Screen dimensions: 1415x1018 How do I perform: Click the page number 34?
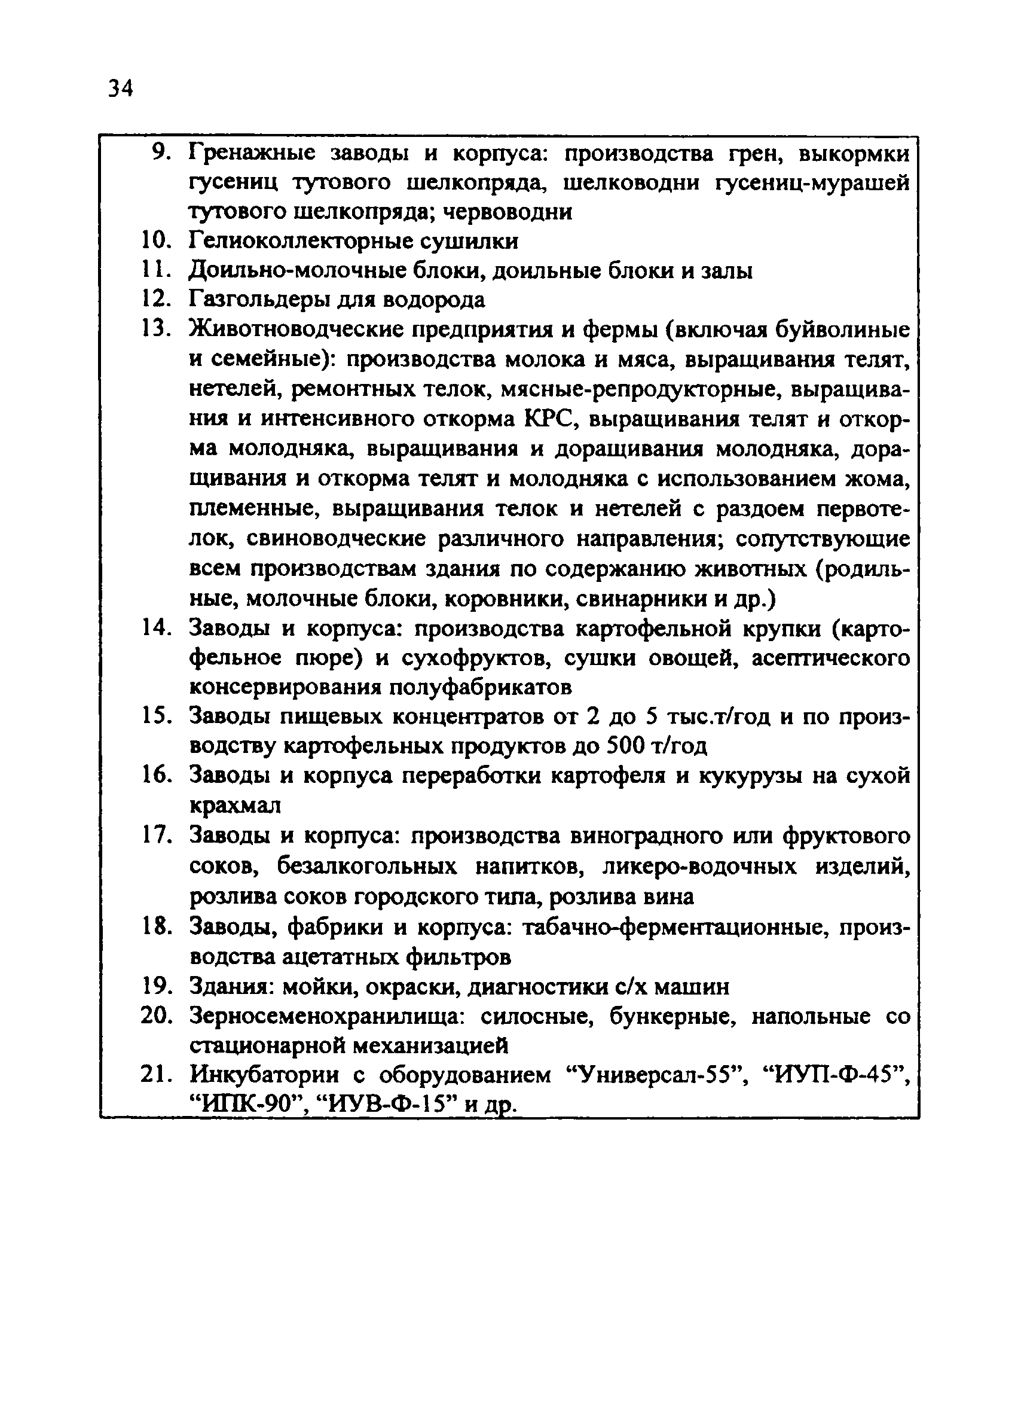[120, 89]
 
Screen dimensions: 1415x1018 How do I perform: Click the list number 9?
[161, 153]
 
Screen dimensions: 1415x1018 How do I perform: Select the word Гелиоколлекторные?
[304, 242]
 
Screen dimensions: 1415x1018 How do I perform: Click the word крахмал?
[234, 806]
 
